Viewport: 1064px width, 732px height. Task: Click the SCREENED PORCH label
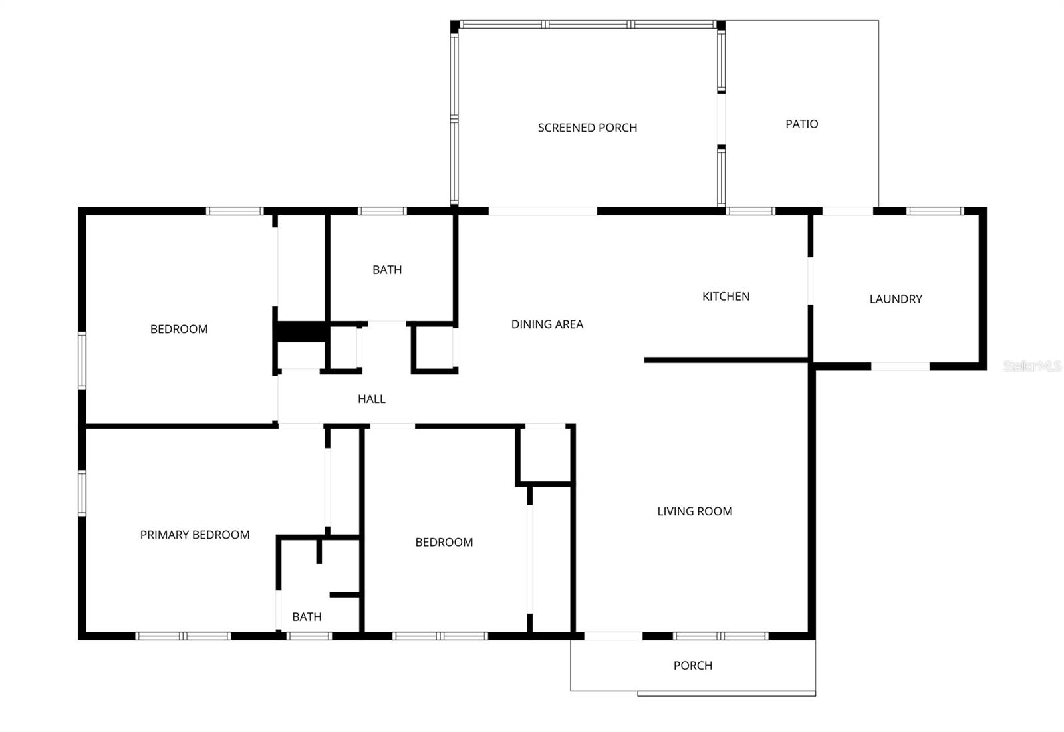[x=587, y=128]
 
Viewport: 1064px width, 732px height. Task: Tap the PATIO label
[x=801, y=124]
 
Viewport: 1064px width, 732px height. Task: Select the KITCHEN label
[x=726, y=297]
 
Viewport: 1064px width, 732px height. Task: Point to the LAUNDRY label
[x=896, y=299]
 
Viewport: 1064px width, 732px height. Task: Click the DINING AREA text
[x=547, y=324]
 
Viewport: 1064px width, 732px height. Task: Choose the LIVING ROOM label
[x=694, y=511]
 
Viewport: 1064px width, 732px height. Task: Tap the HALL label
[x=371, y=399]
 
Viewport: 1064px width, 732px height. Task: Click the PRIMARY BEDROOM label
[x=195, y=535]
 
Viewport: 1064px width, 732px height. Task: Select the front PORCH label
[x=692, y=666]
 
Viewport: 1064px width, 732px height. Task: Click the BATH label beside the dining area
[x=387, y=270]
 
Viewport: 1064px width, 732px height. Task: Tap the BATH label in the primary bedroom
[x=307, y=617]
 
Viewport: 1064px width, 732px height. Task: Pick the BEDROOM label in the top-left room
[x=179, y=329]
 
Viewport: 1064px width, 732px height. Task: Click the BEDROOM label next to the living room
[x=444, y=543]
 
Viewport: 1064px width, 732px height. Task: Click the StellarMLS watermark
[x=1031, y=366]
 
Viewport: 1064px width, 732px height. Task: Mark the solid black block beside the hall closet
[x=301, y=332]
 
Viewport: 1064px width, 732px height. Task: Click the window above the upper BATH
[x=382, y=211]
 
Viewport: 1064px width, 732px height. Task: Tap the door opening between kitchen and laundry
[x=810, y=281]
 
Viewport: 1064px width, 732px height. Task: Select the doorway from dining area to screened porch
[x=543, y=211]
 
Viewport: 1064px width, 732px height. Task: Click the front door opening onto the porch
[x=612, y=636]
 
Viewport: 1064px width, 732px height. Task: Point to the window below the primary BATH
[x=309, y=636]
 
